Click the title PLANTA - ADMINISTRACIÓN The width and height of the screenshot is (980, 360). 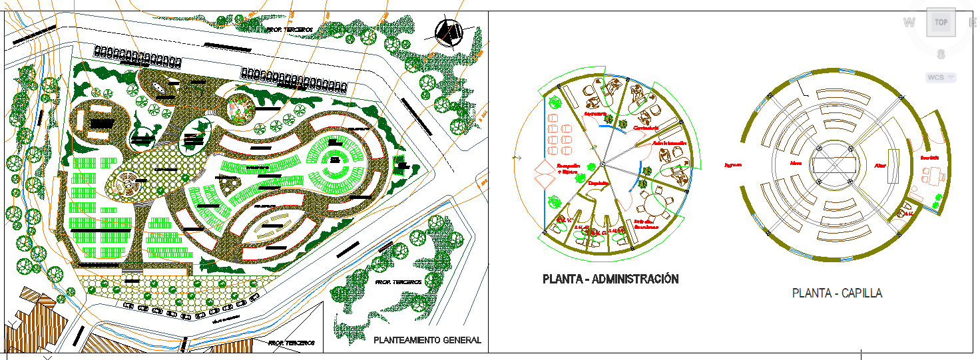(x=611, y=279)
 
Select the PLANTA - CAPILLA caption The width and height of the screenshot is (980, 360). (x=837, y=293)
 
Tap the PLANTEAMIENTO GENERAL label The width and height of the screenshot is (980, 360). (x=427, y=340)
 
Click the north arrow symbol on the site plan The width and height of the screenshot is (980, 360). (x=449, y=32)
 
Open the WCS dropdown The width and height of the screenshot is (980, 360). (x=940, y=77)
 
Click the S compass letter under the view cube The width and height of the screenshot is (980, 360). (x=941, y=55)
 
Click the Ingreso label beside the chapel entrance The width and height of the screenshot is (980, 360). (x=732, y=164)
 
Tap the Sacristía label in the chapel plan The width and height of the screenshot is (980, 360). (x=929, y=158)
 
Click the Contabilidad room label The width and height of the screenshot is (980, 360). (x=646, y=127)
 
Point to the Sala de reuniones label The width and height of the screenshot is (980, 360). (x=646, y=224)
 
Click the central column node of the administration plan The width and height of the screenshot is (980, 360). (x=602, y=164)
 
